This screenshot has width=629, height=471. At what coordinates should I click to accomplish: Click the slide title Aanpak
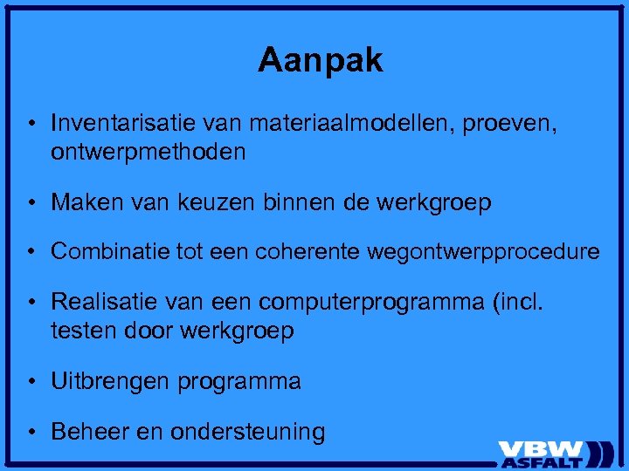tap(321, 60)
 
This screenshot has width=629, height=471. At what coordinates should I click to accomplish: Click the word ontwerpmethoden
tap(149, 153)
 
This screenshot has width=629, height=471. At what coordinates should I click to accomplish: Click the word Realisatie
tap(104, 302)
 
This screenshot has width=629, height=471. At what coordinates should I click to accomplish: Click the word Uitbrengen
tap(111, 382)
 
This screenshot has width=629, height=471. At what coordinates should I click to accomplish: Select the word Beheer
tap(84, 431)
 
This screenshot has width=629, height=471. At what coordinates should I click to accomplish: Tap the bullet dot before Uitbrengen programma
tap(31, 382)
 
